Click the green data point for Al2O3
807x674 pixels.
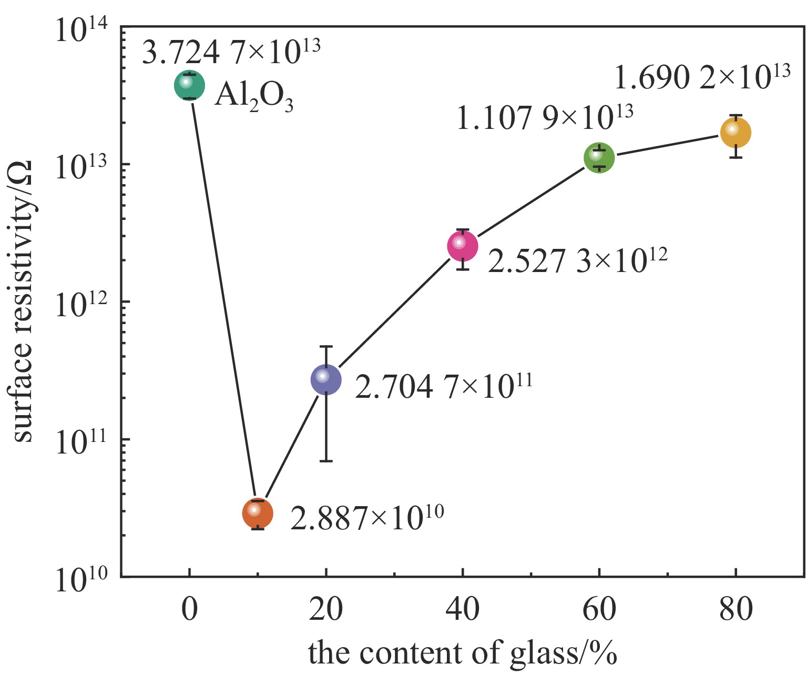[189, 85]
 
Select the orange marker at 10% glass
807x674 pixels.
[258, 513]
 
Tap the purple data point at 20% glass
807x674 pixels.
[326, 379]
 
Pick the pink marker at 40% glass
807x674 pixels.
[462, 246]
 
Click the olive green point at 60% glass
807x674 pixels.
[599, 157]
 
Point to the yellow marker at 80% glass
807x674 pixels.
[736, 133]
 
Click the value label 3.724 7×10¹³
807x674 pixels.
[231, 52]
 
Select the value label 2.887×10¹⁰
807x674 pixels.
[367, 518]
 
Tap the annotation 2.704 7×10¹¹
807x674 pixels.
[444, 386]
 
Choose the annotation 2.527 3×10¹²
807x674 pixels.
[577, 260]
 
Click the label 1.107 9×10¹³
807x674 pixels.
[544, 117]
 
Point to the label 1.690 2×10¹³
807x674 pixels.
[702, 77]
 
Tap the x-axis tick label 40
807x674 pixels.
[463, 609]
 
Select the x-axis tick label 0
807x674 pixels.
[190, 609]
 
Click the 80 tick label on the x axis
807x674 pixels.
[736, 609]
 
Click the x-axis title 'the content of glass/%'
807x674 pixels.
[462, 652]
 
